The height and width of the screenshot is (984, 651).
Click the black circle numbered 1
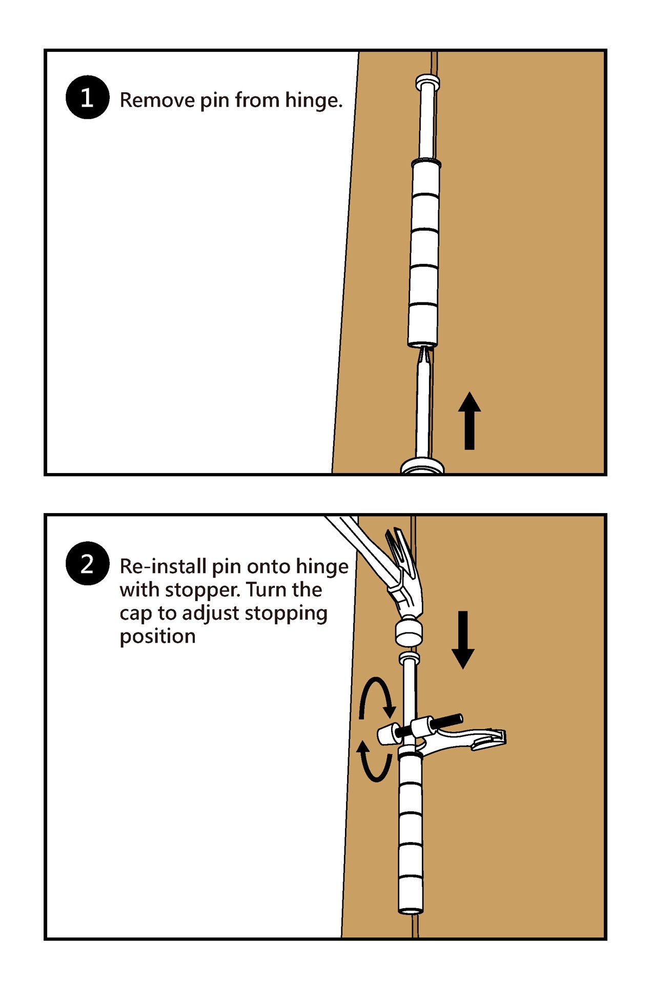tap(87, 97)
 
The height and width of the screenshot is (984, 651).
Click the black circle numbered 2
tap(87, 563)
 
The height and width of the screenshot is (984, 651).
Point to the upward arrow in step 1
tap(469, 421)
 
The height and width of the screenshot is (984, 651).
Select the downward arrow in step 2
tap(463, 640)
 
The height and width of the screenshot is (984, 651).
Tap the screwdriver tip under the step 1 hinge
tap(424, 354)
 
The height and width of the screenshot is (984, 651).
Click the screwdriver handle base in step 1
tap(422, 466)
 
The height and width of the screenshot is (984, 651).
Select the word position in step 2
tap(157, 637)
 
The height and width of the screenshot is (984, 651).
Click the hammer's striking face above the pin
tap(409, 633)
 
